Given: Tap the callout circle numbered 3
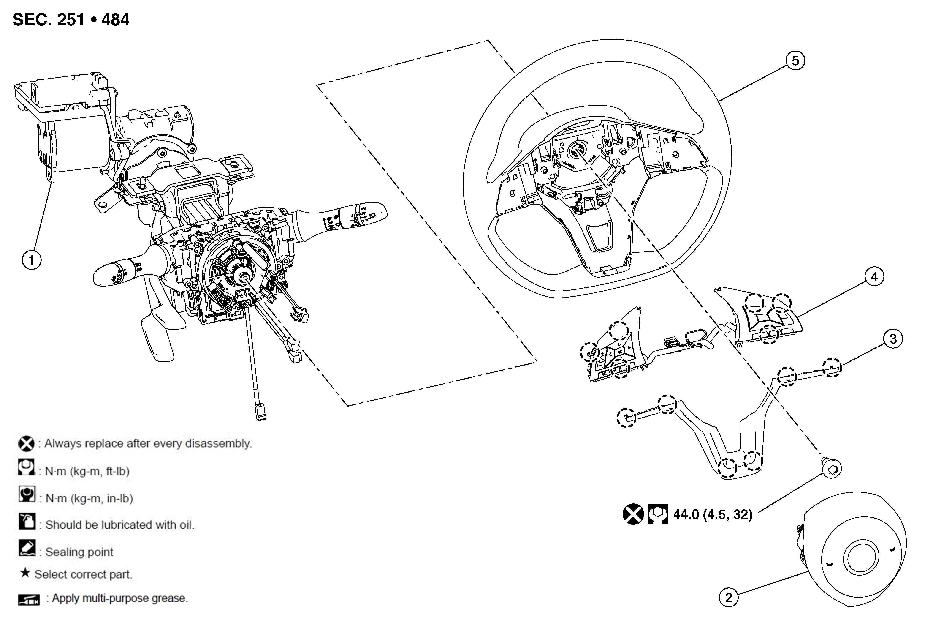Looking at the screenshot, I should click(x=893, y=339).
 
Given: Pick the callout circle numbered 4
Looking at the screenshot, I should click(x=874, y=277).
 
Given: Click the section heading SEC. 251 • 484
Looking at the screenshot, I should click(x=71, y=19).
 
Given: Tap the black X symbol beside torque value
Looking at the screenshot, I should click(x=633, y=514).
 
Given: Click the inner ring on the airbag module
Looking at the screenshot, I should click(x=860, y=559).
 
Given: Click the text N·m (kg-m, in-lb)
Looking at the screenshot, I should click(x=89, y=498).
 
